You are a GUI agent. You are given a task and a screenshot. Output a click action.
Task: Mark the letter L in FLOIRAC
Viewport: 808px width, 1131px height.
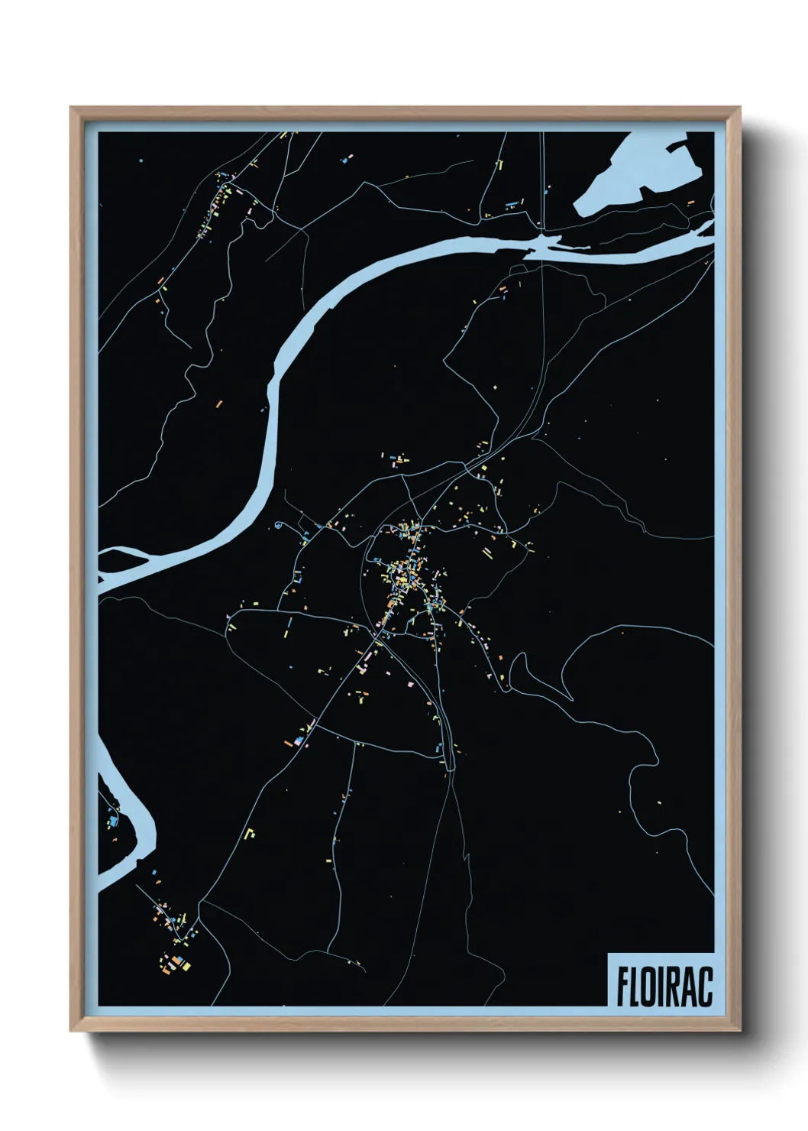tap(635, 988)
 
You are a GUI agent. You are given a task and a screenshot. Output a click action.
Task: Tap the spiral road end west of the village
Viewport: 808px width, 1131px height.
tap(279, 525)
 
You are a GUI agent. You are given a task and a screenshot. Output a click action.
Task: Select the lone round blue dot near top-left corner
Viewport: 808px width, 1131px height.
tap(141, 160)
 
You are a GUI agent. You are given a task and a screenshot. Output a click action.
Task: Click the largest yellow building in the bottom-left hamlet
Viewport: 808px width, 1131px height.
tap(186, 966)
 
